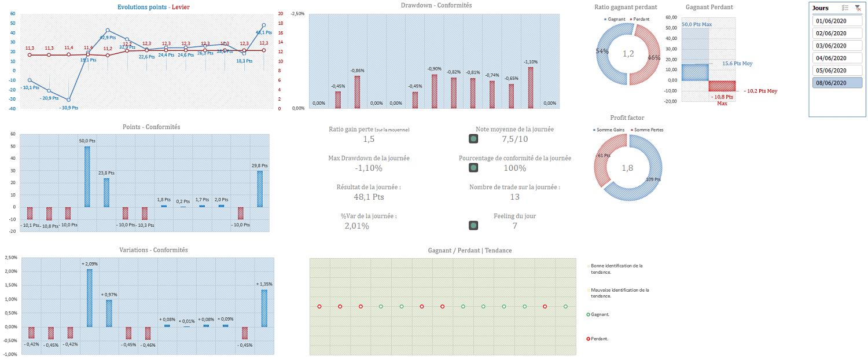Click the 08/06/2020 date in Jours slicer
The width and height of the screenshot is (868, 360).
click(x=830, y=83)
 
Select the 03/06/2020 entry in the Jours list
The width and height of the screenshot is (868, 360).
click(x=830, y=46)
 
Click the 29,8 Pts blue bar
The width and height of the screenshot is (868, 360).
click(x=260, y=189)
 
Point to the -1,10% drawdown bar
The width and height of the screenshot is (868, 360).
click(x=530, y=87)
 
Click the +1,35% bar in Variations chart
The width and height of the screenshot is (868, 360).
click(x=264, y=308)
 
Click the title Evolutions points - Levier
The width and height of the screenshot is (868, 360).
click(x=153, y=7)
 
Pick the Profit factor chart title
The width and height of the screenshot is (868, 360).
click(x=627, y=117)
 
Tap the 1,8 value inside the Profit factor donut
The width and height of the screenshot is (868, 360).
click(x=628, y=168)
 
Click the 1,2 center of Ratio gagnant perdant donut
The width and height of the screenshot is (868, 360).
click(x=628, y=54)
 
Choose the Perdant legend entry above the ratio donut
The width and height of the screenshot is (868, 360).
click(x=639, y=19)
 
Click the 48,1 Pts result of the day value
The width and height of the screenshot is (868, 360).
click(x=369, y=197)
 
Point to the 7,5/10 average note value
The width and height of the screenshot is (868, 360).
click(x=514, y=139)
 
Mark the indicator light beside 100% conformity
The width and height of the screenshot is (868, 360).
click(x=473, y=168)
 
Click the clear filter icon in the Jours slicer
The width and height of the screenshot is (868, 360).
click(x=858, y=8)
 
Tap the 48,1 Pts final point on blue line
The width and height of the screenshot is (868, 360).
click(x=263, y=25)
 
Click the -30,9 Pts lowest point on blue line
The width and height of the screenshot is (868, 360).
click(x=68, y=100)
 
